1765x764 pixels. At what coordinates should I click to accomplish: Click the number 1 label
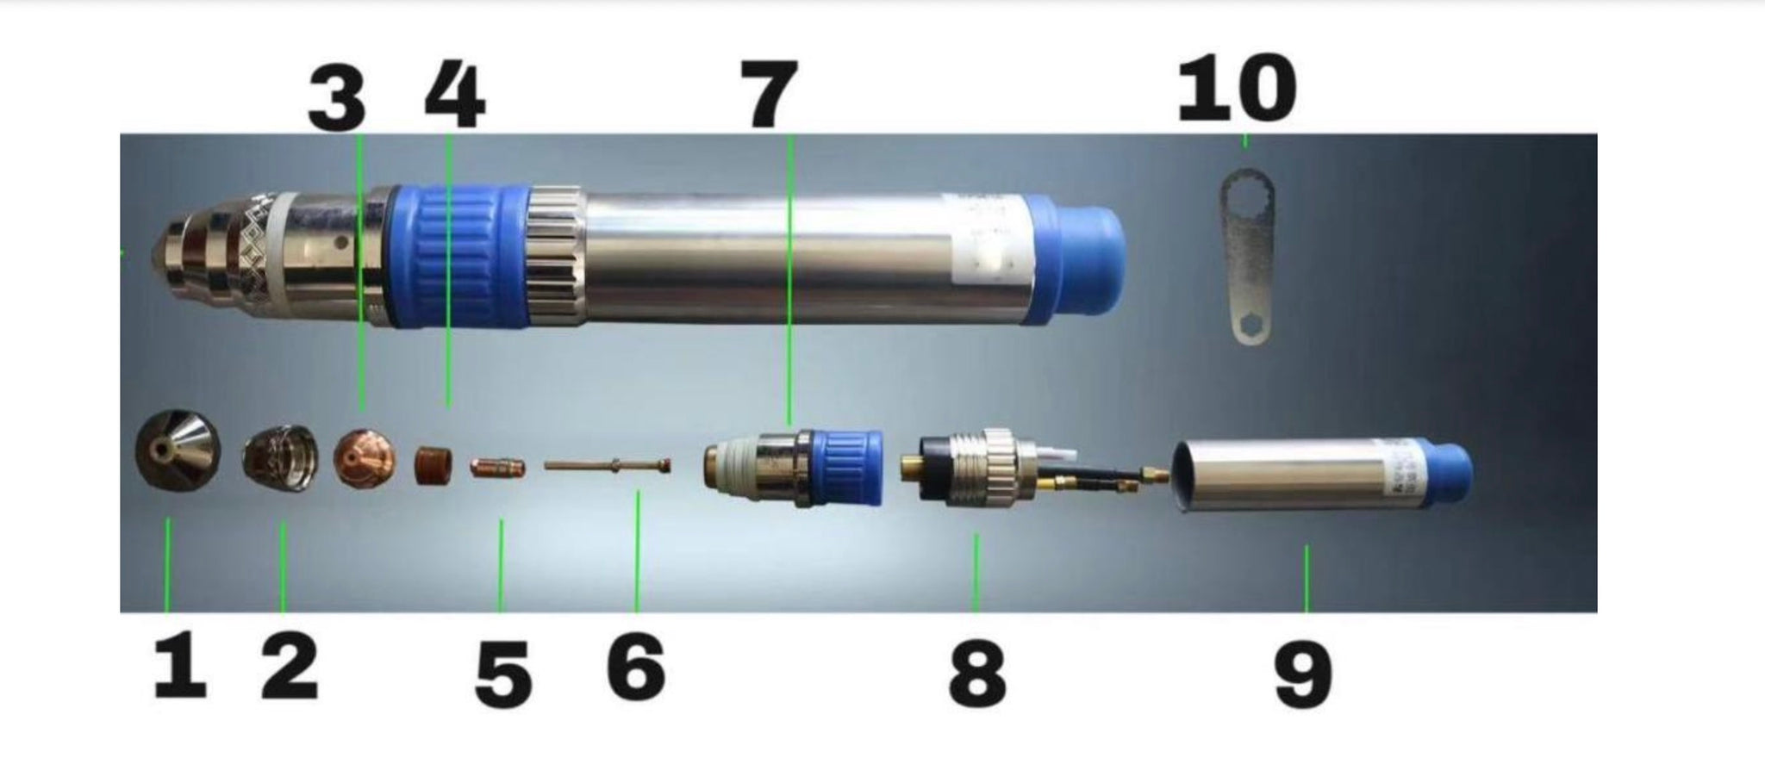tap(180, 668)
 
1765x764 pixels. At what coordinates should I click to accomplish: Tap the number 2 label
tap(290, 668)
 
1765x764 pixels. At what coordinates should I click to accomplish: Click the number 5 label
tap(503, 678)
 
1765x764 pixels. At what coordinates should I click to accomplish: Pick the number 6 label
tap(636, 668)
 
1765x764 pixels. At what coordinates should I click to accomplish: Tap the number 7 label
tap(769, 95)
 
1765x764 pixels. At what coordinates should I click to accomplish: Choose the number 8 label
tap(977, 676)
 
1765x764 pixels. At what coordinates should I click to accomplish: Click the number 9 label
tap(1303, 677)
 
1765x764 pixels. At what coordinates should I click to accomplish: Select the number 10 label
tap(1236, 87)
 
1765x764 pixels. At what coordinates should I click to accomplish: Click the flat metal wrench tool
tap(1248, 256)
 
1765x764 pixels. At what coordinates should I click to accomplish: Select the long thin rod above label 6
tap(607, 466)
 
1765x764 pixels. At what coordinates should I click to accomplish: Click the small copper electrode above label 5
tap(497, 469)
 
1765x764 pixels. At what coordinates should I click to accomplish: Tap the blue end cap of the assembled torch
tap(1075, 257)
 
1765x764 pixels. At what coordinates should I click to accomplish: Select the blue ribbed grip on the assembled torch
tap(458, 256)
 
